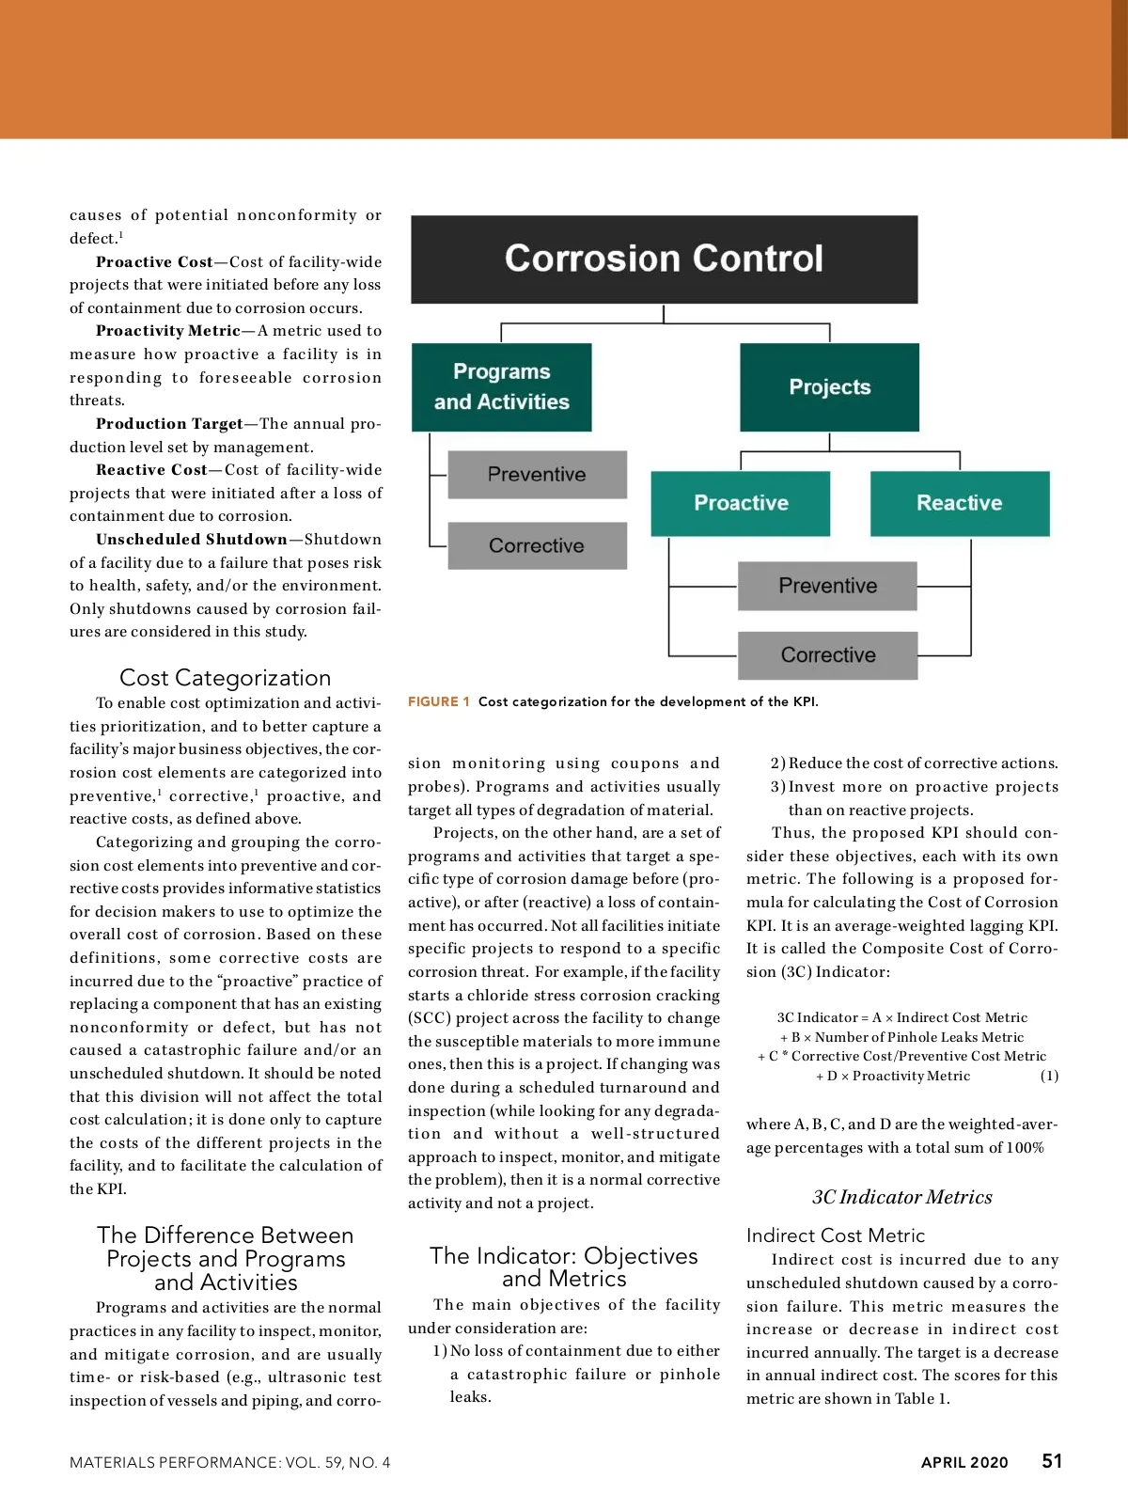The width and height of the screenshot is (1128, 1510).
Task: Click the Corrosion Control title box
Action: point(664,260)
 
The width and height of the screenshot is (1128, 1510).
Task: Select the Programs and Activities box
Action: point(501,387)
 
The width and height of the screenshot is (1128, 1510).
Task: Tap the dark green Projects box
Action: point(829,387)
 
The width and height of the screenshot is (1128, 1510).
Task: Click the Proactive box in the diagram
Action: point(741,503)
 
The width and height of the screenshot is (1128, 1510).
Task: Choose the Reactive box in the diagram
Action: point(959,503)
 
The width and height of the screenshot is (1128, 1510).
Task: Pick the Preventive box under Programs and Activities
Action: point(537,475)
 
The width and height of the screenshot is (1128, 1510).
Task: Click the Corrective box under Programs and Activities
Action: point(537,546)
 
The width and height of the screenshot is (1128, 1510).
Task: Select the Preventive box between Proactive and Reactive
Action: point(827,586)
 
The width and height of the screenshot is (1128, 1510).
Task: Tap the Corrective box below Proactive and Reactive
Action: point(827,655)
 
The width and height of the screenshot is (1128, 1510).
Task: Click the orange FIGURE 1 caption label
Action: point(439,701)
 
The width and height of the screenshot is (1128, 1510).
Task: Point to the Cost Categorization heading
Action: point(225,678)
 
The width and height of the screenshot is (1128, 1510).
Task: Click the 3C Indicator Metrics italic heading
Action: point(901,1197)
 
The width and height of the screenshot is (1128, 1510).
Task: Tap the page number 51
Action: point(1052,1461)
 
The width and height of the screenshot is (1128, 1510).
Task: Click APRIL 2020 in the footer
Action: point(963,1462)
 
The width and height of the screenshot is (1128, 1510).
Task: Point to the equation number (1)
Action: point(1049,1076)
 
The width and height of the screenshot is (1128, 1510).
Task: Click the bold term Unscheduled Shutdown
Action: point(192,540)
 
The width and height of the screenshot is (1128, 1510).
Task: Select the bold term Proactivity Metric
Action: point(168,331)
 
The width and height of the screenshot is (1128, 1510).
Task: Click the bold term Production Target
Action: point(169,424)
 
